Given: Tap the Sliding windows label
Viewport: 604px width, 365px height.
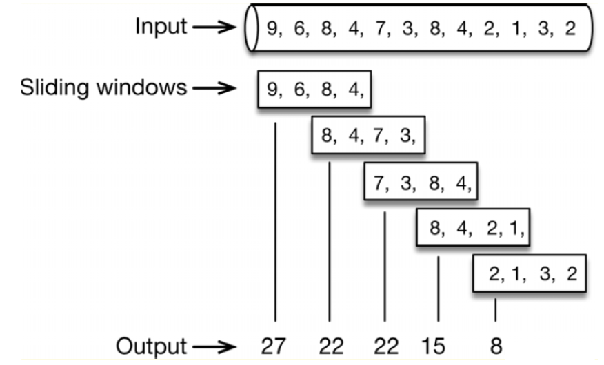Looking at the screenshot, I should pos(103,88).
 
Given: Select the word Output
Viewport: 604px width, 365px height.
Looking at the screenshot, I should pos(151,346).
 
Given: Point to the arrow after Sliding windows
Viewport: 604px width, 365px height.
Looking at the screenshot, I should pos(214,89).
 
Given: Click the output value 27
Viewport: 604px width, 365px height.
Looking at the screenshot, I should pos(274,346).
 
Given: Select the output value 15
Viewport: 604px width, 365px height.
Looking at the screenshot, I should pos(433,346).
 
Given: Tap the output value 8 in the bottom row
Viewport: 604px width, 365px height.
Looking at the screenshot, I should pos(495,346).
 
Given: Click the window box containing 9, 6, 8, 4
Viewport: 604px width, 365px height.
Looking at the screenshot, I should pos(314,90).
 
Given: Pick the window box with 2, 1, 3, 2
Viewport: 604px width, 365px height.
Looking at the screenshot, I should pos(529,273).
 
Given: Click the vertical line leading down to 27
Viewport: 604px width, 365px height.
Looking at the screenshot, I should pos(275,220).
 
